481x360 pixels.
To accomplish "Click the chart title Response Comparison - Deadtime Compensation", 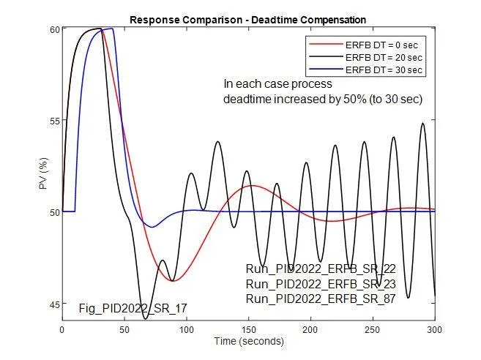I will coord(247,19).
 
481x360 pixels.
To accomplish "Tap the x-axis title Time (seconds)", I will coord(247,341).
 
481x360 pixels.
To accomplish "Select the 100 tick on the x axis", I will coord(187,329).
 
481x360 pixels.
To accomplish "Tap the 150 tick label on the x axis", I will coord(249,329).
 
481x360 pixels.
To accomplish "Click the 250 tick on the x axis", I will coord(373,329).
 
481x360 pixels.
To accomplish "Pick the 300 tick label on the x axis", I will coord(435,329).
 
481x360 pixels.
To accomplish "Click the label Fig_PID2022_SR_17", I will coord(133,310).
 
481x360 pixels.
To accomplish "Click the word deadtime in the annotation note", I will coord(247,99).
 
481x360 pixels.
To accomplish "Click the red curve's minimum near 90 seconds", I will coord(173,281).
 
